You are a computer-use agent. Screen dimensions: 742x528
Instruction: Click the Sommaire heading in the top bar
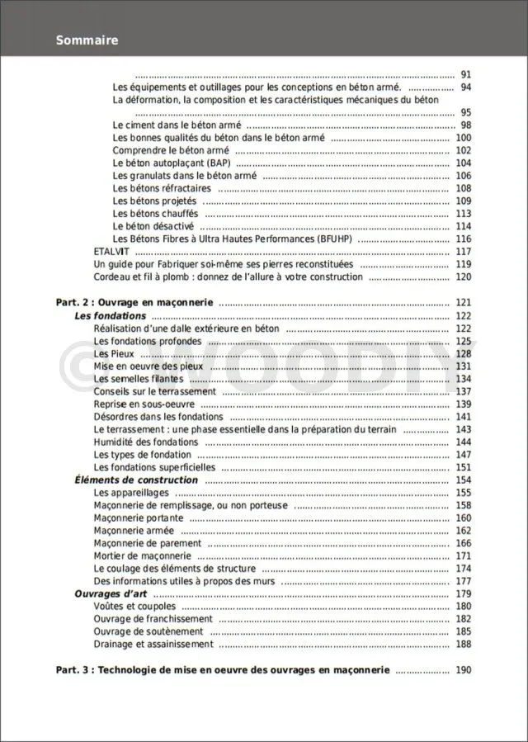click(87, 40)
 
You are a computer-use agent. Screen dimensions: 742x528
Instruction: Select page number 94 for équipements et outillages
click(465, 87)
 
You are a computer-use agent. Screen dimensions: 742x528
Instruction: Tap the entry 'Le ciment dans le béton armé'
click(171, 125)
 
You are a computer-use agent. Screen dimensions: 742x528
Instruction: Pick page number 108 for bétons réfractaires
click(463, 188)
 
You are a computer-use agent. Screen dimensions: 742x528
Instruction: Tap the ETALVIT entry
click(109, 252)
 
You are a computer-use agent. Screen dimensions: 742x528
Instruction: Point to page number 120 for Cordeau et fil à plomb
click(463, 276)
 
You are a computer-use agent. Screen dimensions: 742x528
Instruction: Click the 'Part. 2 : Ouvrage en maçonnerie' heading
click(134, 303)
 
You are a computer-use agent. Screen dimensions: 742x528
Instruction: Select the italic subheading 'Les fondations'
click(111, 316)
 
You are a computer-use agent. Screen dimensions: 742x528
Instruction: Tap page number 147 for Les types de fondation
click(463, 455)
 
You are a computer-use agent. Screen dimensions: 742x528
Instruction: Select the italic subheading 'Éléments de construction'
click(136, 480)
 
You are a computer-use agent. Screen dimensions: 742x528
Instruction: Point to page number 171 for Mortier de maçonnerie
click(463, 556)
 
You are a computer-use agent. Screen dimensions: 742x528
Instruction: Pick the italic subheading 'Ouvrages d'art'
click(111, 594)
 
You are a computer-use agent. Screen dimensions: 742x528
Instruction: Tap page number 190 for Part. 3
click(463, 670)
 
